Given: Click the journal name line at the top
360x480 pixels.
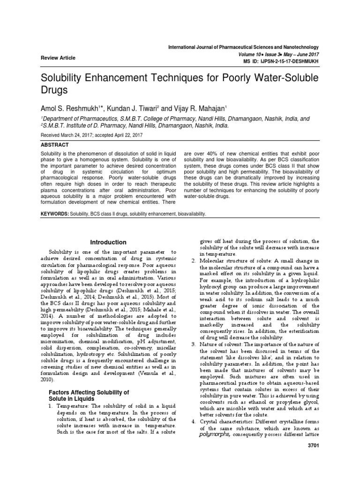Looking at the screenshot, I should click(244, 47).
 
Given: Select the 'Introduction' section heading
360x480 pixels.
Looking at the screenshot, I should click(108, 242).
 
